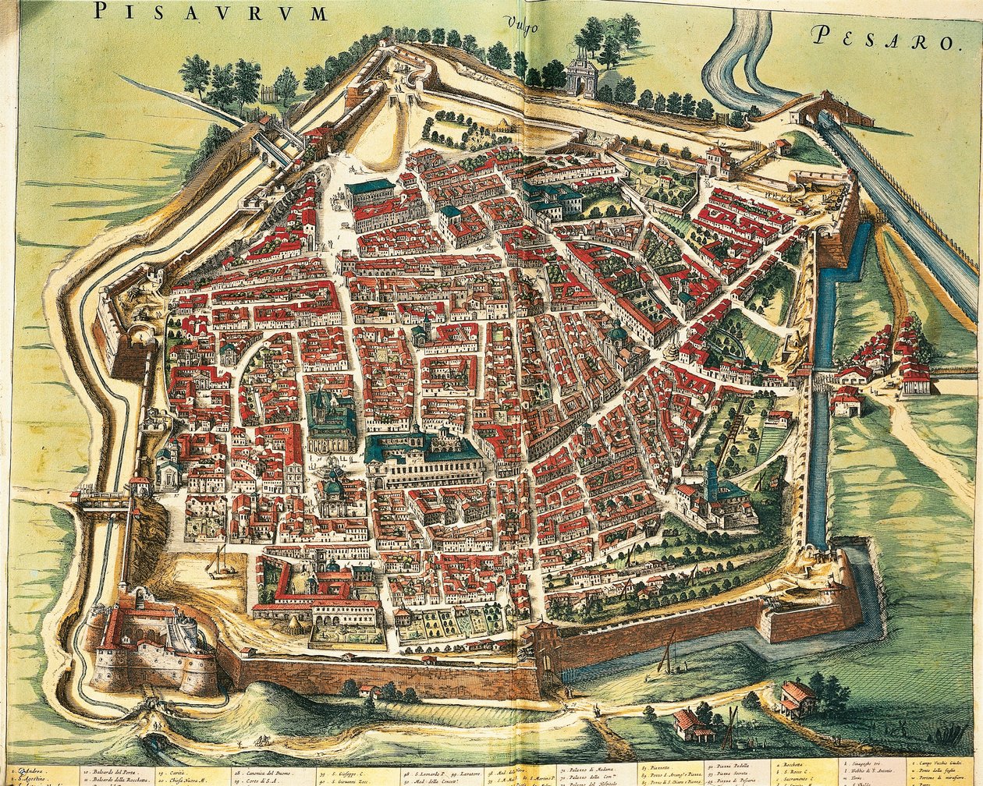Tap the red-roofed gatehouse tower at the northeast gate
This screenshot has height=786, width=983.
pos(715,160)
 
